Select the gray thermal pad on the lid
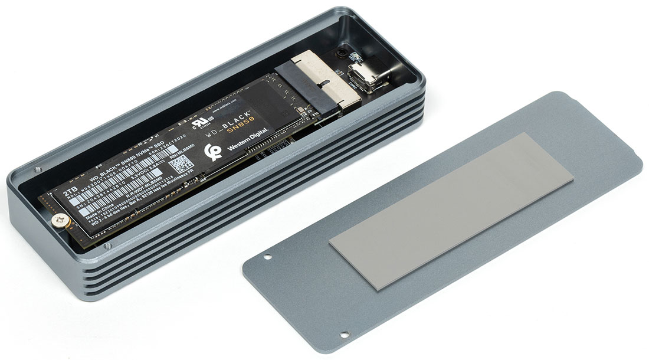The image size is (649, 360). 451,210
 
